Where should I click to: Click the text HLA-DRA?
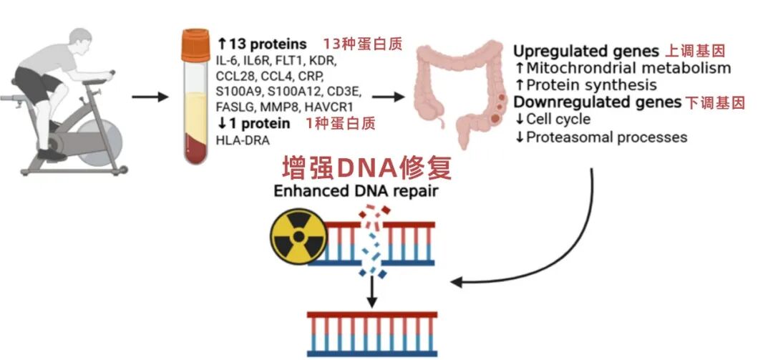pos(243,140)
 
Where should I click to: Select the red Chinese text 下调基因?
pos(715,102)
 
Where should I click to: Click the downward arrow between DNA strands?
pos(371,289)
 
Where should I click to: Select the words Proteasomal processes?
pos(606,136)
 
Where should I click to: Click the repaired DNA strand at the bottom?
pos(371,333)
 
